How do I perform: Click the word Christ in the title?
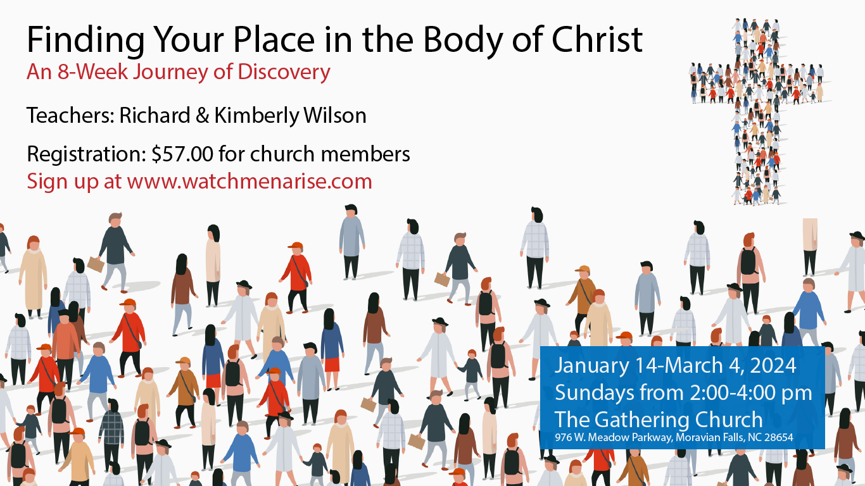pyautogui.click(x=597, y=39)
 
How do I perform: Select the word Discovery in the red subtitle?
pyautogui.click(x=284, y=72)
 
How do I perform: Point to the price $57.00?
pyautogui.click(x=182, y=154)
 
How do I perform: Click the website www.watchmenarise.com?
pyautogui.click(x=249, y=182)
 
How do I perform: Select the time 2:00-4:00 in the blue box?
pyautogui.click(x=733, y=392)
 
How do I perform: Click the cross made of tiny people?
pyautogui.click(x=757, y=112)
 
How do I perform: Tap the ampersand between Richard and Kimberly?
pyautogui.click(x=203, y=116)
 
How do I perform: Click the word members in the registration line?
pyautogui.click(x=365, y=154)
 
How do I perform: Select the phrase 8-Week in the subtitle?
pyautogui.click(x=92, y=72)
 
